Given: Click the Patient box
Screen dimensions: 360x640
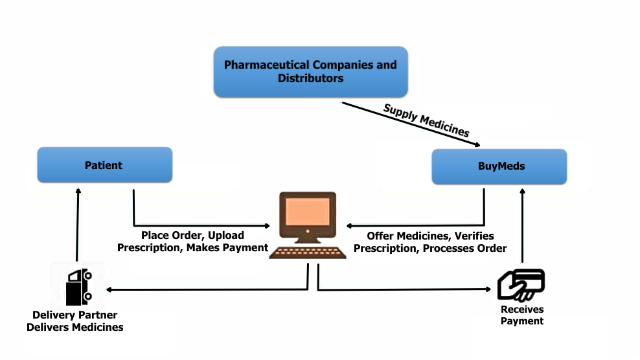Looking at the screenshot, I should [104, 165].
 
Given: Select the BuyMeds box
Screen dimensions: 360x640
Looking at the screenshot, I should [499, 166].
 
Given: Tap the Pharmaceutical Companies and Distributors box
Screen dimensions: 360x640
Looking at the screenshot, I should [310, 72].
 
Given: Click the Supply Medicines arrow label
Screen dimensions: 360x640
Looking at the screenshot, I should [426, 119].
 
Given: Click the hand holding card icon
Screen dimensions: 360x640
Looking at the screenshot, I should [521, 284].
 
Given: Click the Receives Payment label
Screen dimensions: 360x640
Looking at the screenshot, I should [521, 315].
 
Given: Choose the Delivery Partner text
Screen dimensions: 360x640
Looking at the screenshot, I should [75, 315].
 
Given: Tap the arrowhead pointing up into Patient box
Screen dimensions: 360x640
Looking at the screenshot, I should [78, 192].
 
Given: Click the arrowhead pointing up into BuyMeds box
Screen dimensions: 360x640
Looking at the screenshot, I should [521, 192].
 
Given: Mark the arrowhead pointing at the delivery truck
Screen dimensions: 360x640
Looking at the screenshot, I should [109, 289].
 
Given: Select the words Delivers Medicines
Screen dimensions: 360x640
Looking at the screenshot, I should [75, 327].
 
